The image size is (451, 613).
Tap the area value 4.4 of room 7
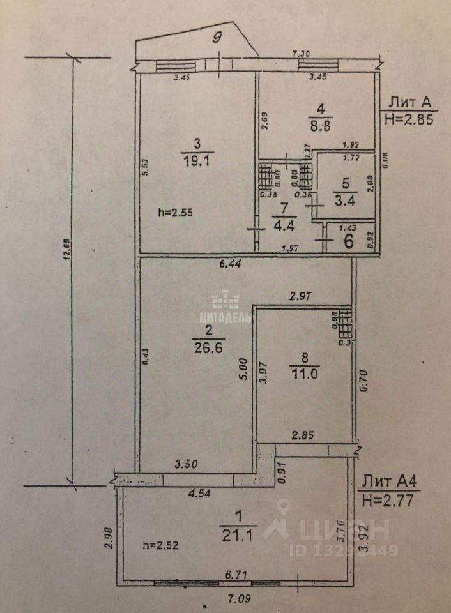coord(282,224)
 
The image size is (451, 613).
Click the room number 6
coord(349,241)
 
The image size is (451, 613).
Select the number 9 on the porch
coord(217,36)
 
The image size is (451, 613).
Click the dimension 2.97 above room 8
coord(301,296)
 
